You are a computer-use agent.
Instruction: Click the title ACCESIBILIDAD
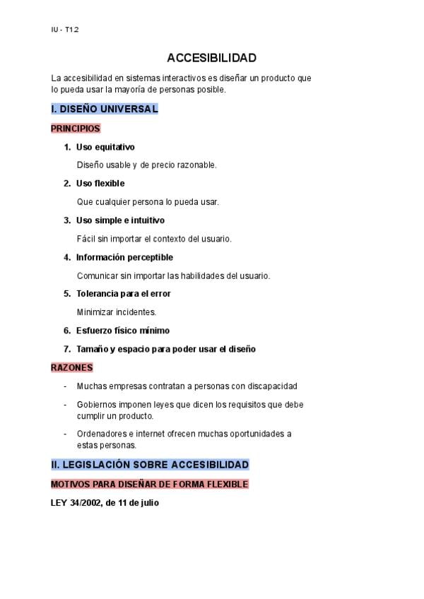211,58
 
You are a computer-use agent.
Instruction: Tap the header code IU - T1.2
64,29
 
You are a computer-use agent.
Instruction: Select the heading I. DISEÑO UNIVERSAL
105,109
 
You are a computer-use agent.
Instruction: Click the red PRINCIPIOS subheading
76,129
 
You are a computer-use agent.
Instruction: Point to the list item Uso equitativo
105,147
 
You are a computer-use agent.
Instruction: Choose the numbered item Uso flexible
100,184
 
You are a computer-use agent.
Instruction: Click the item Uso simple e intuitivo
120,220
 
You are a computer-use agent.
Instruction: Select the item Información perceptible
124,257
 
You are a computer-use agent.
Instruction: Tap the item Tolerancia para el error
123,294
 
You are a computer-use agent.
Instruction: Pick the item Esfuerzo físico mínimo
122,331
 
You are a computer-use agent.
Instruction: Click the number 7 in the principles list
66,349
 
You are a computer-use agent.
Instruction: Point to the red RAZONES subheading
72,367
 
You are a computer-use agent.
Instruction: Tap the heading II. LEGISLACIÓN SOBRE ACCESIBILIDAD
150,465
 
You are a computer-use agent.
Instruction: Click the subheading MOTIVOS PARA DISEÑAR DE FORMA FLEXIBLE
150,485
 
